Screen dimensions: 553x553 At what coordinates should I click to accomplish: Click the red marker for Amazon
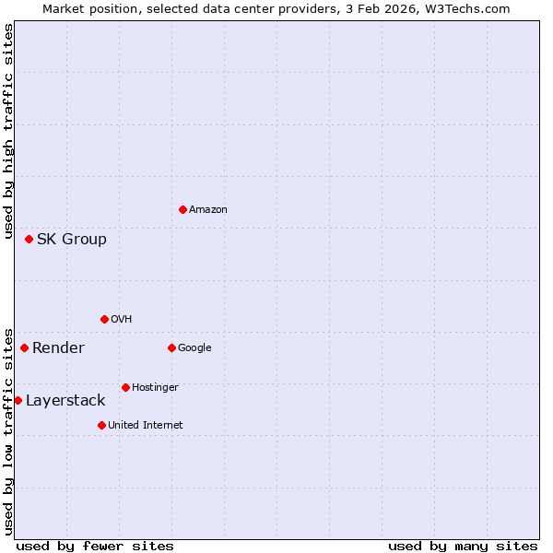pyautogui.click(x=182, y=209)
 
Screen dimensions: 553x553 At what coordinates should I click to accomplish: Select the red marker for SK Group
pyautogui.click(x=29, y=239)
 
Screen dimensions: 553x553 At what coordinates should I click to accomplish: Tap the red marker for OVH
pyautogui.click(x=104, y=319)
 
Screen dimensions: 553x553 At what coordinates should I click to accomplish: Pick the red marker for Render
pyautogui.click(x=24, y=347)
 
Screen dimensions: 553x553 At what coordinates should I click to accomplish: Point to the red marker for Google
pyautogui.click(x=171, y=347)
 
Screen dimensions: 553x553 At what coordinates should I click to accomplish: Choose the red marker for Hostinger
pyautogui.click(x=125, y=387)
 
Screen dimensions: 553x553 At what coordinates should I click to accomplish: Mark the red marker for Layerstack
pyautogui.click(x=18, y=400)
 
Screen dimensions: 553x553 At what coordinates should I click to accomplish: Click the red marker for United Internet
pyautogui.click(x=101, y=425)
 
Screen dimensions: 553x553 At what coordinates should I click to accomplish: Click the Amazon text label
pyautogui.click(x=208, y=210)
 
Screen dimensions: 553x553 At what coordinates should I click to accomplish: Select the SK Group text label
pyautogui.click(x=72, y=240)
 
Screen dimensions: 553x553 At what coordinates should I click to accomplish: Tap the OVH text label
pyautogui.click(x=122, y=320)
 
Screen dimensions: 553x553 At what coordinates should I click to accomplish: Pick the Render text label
pyautogui.click(x=58, y=348)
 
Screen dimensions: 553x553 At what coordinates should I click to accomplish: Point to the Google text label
pyautogui.click(x=194, y=348)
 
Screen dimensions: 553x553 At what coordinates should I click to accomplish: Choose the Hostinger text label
pyautogui.click(x=155, y=388)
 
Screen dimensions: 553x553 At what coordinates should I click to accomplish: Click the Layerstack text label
pyautogui.click(x=65, y=401)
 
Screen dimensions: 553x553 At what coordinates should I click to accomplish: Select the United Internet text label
pyautogui.click(x=146, y=426)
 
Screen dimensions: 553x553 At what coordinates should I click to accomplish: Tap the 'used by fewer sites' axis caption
pyautogui.click(x=95, y=546)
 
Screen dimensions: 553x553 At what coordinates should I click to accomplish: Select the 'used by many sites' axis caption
pyautogui.click(x=463, y=546)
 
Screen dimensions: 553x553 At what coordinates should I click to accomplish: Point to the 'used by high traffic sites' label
pyautogui.click(x=8, y=133)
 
